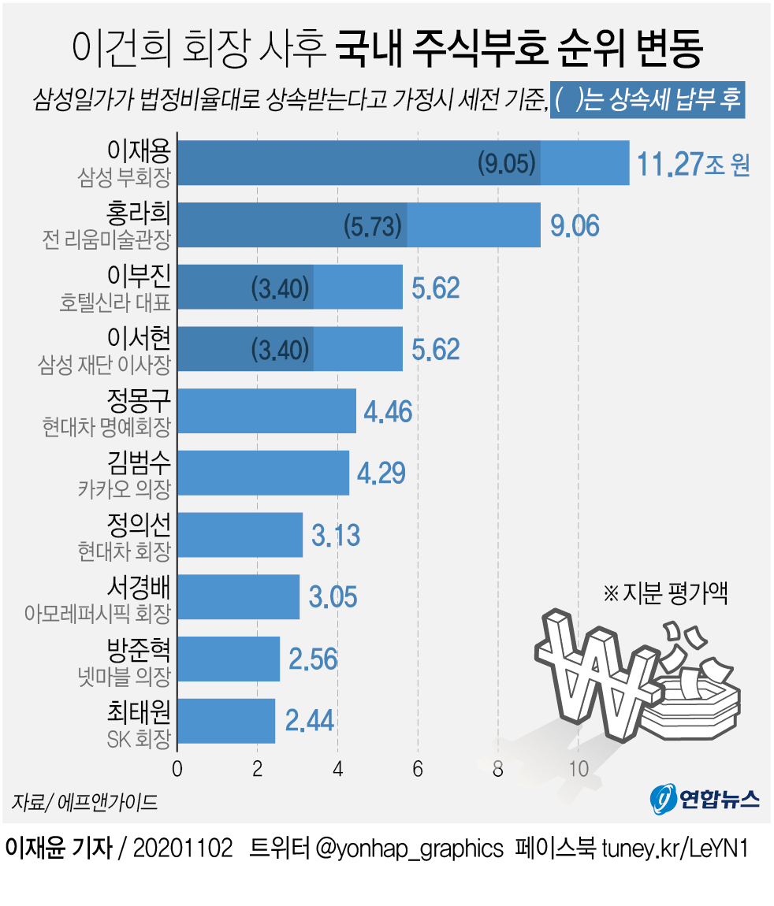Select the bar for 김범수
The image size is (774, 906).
[x=263, y=473]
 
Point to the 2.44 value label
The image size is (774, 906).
[x=309, y=720]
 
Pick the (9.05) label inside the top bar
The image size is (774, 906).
[x=507, y=163]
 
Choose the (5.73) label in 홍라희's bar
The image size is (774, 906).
[x=374, y=226]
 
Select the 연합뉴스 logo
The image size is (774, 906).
[x=705, y=799]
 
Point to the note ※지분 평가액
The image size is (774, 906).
[x=664, y=593]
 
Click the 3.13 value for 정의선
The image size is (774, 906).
[x=336, y=535]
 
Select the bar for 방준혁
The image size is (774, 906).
[x=229, y=659]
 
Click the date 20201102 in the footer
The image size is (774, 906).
[x=184, y=848]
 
